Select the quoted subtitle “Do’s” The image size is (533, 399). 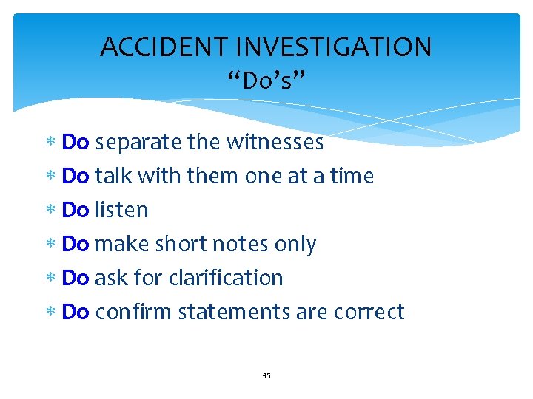pos(266,79)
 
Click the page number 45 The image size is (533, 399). pos(266,375)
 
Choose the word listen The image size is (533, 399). pos(121,210)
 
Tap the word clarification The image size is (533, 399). pos(226,278)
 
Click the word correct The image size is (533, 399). pos(369,312)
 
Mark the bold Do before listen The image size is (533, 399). pos(76,210)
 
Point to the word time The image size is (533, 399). pos(352,176)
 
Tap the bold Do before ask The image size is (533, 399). pos(76,278)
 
